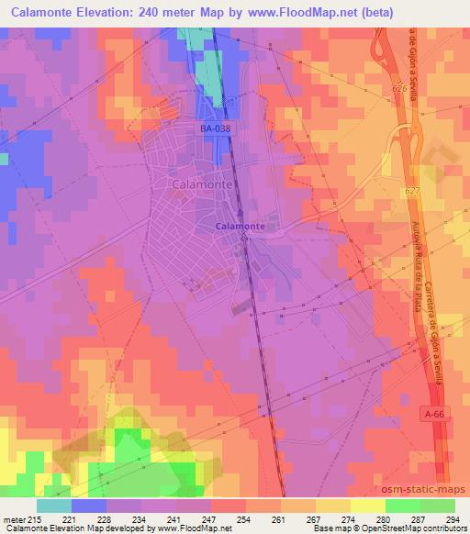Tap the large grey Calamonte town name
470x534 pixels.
point(201,184)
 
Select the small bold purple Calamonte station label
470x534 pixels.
point(241,226)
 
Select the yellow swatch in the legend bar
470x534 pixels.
point(367,506)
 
